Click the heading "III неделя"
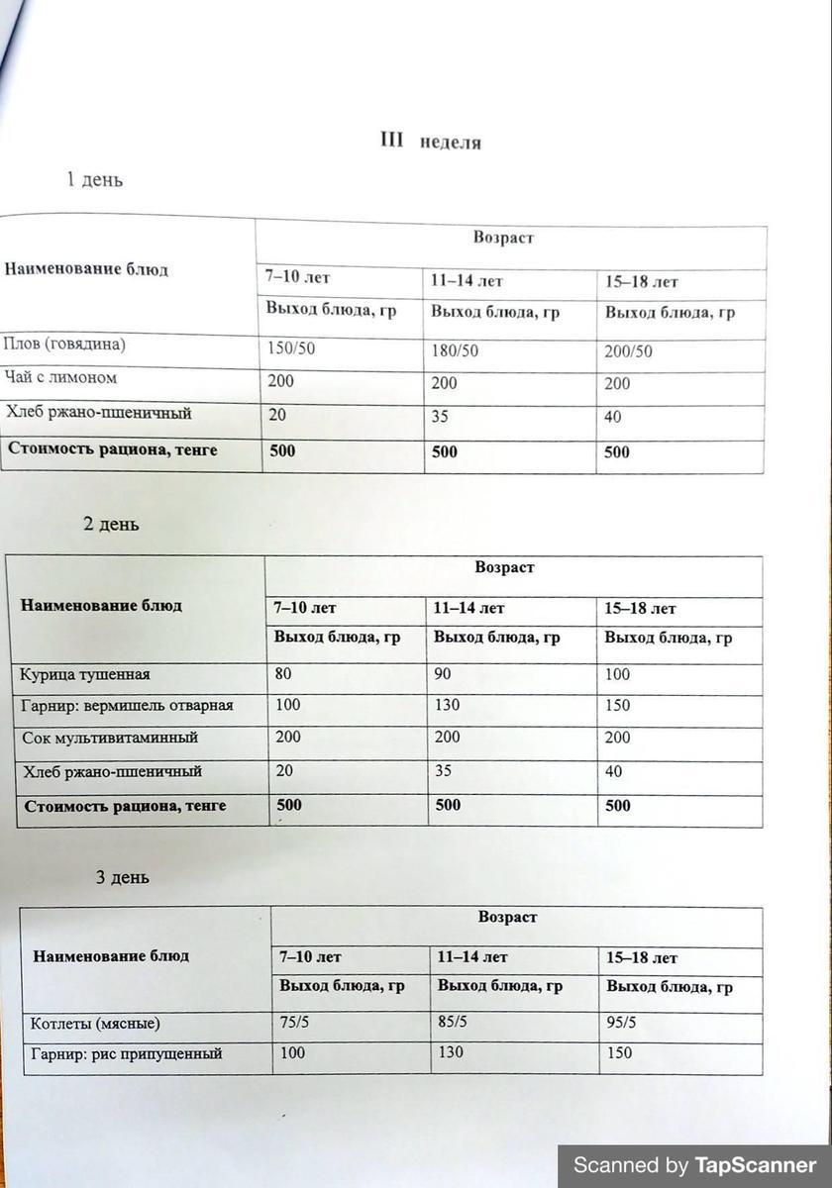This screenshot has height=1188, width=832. point(431,142)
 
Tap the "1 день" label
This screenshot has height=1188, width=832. point(94,180)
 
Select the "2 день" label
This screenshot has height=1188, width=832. point(111,524)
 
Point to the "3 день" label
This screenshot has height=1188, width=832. point(122,877)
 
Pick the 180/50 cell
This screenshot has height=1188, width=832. point(455,351)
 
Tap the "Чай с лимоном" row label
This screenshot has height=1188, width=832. point(61,378)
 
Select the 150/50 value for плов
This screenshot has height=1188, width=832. point(293,349)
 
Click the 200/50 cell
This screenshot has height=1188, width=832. point(629,352)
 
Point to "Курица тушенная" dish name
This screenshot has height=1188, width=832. point(85,675)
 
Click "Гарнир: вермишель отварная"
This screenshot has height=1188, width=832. point(127,706)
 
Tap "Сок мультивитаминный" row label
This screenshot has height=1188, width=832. point(110,738)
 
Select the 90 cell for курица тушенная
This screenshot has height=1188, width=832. point(446,675)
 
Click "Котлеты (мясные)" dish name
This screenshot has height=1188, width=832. point(95,1024)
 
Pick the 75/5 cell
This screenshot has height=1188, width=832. point(295,1023)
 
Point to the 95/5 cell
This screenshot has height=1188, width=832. point(621,1024)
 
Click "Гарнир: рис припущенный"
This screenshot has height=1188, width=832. point(127,1054)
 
